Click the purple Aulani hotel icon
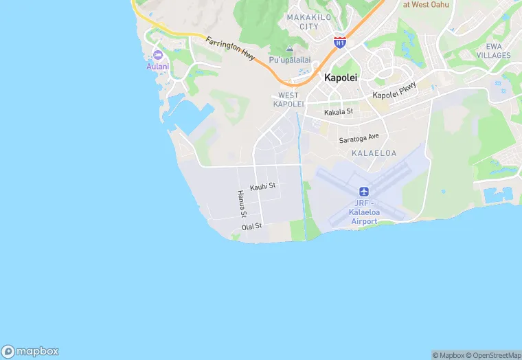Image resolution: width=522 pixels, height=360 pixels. (157, 54)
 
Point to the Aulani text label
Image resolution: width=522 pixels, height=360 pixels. (157, 67)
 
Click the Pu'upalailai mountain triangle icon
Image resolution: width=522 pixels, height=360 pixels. (289, 49)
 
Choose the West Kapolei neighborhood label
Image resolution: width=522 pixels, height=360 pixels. (288, 100)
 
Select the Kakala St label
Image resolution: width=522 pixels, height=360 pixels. (339, 111)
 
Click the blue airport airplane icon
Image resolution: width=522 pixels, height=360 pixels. (364, 191)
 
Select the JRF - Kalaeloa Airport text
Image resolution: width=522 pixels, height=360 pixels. (364, 212)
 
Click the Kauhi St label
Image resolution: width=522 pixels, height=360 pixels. (262, 186)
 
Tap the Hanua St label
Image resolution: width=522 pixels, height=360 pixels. (242, 204)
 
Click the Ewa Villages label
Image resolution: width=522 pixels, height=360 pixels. (493, 50)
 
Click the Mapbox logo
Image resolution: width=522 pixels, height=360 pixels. (30, 350)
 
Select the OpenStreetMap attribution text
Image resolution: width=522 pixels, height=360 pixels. (493, 355)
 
